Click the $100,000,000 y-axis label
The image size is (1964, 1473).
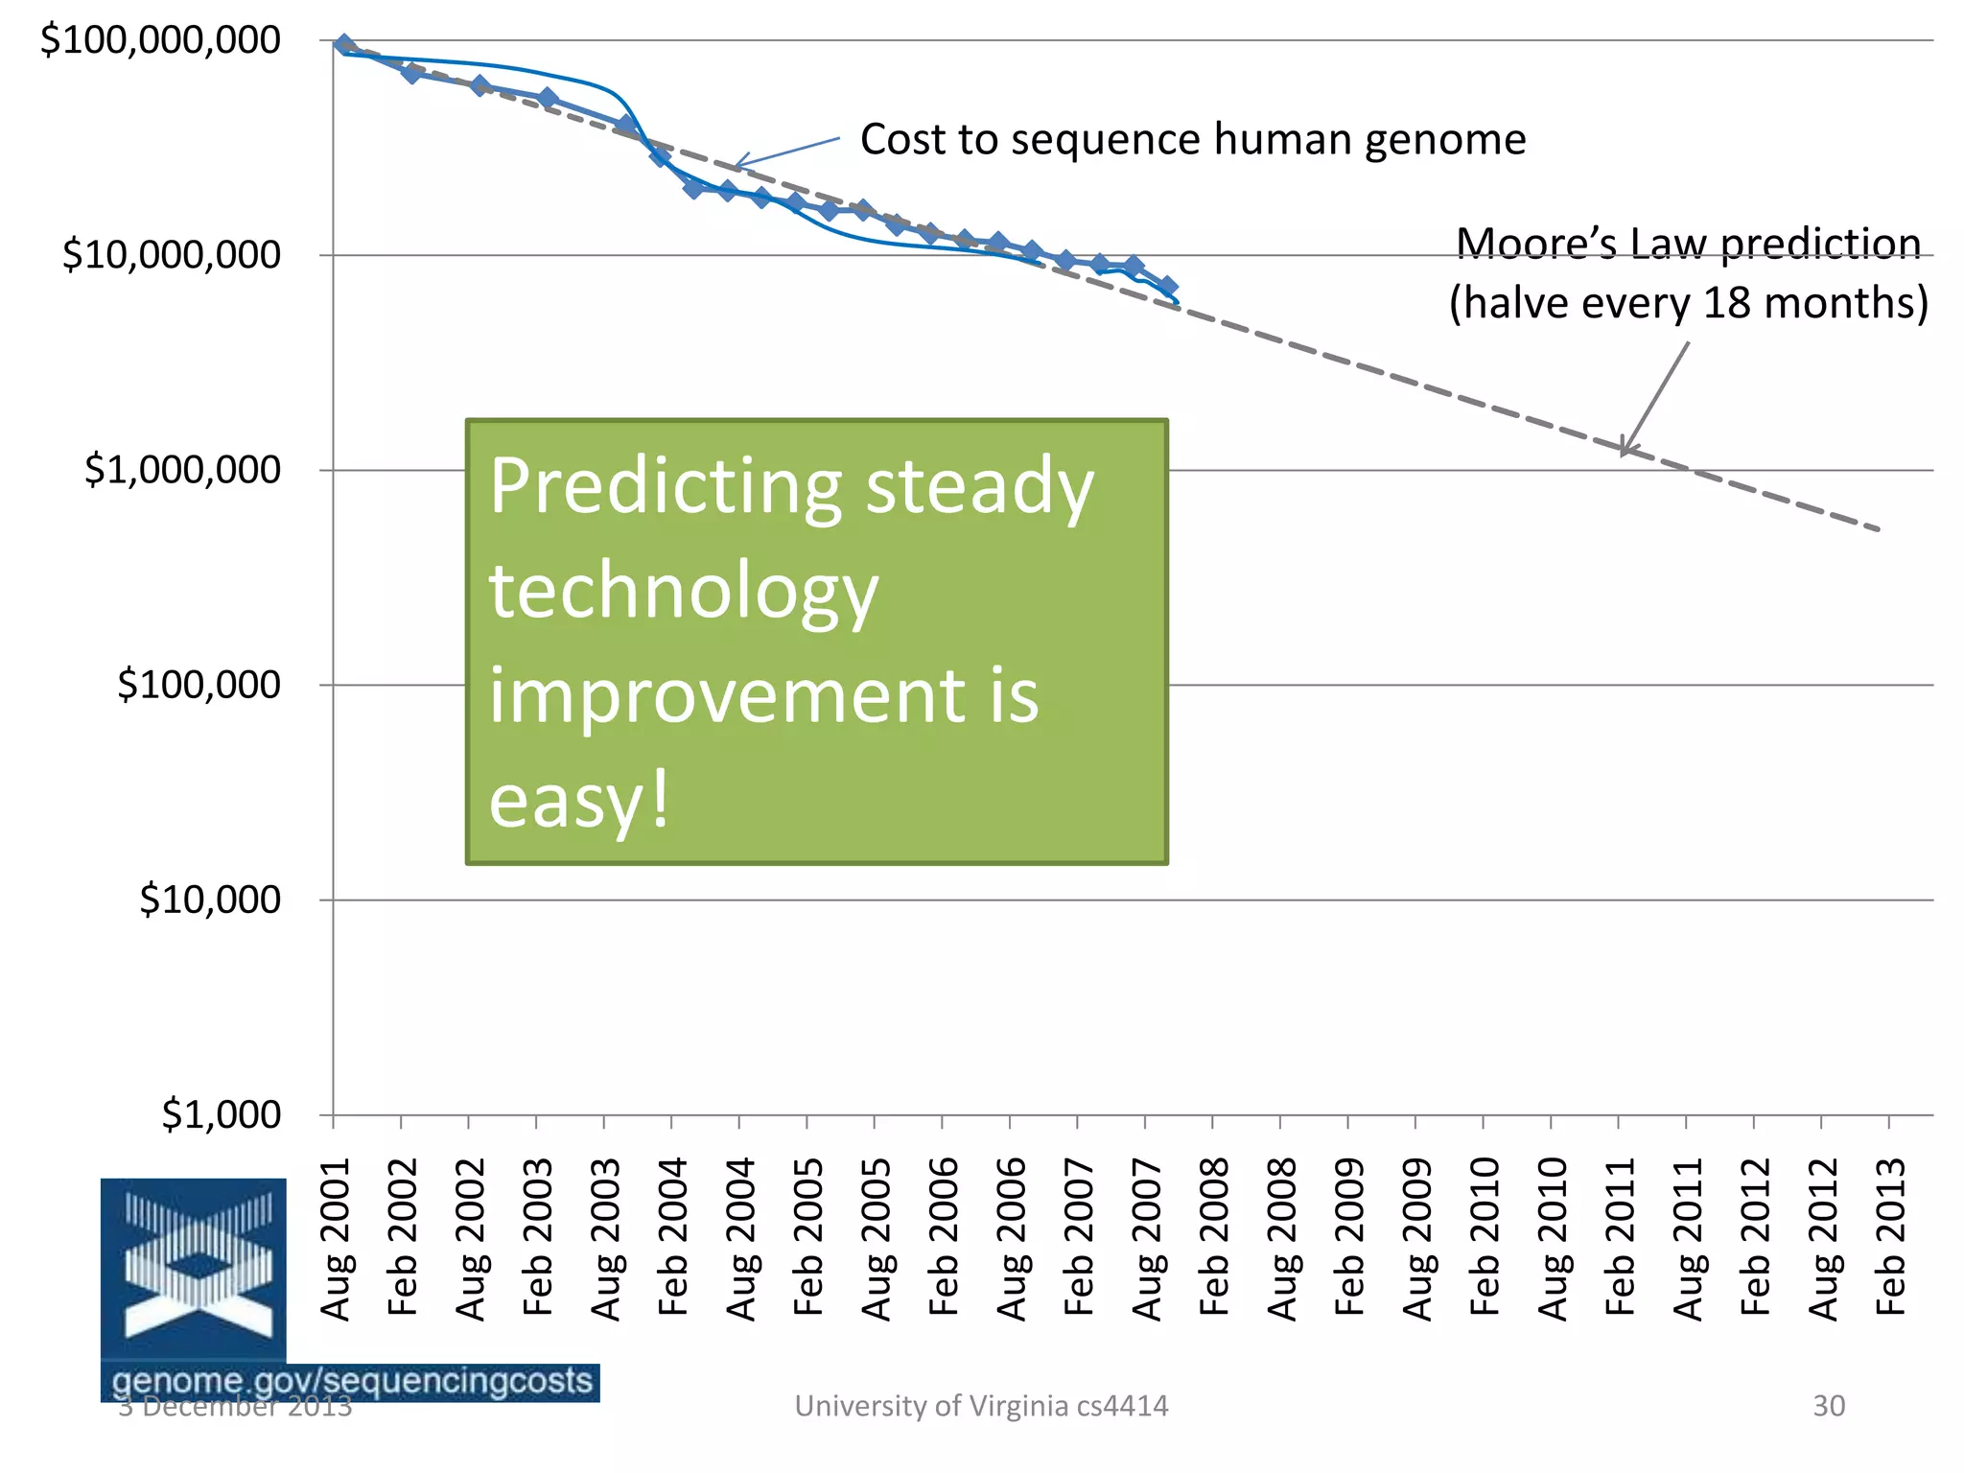(160, 40)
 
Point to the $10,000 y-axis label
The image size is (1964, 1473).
(210, 900)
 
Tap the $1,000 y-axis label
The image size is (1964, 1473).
(222, 1114)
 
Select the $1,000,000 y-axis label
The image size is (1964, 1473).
(182, 470)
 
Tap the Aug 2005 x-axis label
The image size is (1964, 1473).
(877, 1239)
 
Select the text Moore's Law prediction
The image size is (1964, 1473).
(1688, 244)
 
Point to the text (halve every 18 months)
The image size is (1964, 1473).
(1688, 303)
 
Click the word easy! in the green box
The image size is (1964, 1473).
(578, 801)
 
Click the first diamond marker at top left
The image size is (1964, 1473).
(344, 45)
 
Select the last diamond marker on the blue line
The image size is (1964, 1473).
(1167, 287)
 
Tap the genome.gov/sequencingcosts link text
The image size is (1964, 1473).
(352, 1381)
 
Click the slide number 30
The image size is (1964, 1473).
(1828, 1406)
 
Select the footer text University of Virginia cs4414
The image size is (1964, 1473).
(981, 1406)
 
